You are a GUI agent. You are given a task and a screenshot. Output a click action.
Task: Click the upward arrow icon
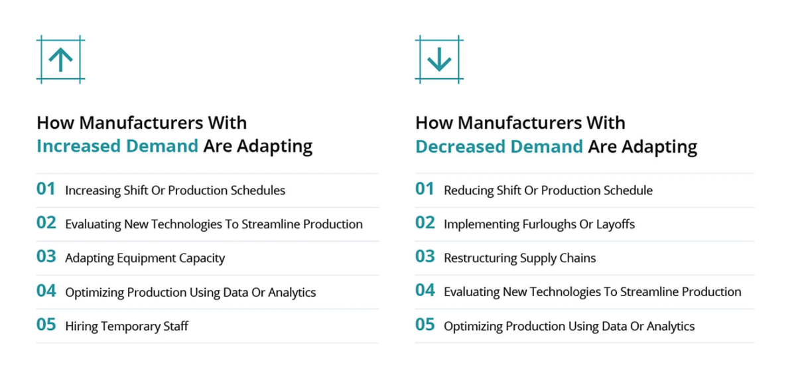point(60,60)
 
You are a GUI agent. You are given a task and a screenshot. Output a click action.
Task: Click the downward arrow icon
point(439,60)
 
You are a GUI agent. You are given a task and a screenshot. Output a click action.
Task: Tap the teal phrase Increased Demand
point(117,146)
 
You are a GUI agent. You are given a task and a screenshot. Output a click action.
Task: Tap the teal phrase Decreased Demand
point(499,146)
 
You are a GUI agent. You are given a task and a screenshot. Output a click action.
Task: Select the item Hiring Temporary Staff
point(127,326)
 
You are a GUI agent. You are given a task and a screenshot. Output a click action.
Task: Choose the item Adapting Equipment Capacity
point(145,258)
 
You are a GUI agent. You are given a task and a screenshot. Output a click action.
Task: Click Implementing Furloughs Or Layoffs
point(539,224)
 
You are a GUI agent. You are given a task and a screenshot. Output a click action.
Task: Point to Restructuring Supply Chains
point(519,258)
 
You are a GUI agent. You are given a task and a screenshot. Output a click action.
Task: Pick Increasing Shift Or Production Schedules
point(175,190)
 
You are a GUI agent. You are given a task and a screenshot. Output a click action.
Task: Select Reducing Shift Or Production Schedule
point(548,190)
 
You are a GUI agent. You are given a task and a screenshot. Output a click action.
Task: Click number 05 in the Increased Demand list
point(46,325)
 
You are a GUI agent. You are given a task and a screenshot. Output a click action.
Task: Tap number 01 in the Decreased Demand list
point(425,190)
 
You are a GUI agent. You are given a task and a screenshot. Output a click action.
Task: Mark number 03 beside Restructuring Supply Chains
point(425,258)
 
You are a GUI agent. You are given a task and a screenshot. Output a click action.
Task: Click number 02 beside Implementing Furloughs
point(425,224)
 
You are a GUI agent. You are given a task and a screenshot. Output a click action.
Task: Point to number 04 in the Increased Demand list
point(46,291)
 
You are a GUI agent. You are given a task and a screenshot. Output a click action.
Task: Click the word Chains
point(578,258)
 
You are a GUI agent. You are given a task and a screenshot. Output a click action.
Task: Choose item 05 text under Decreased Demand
point(569,326)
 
